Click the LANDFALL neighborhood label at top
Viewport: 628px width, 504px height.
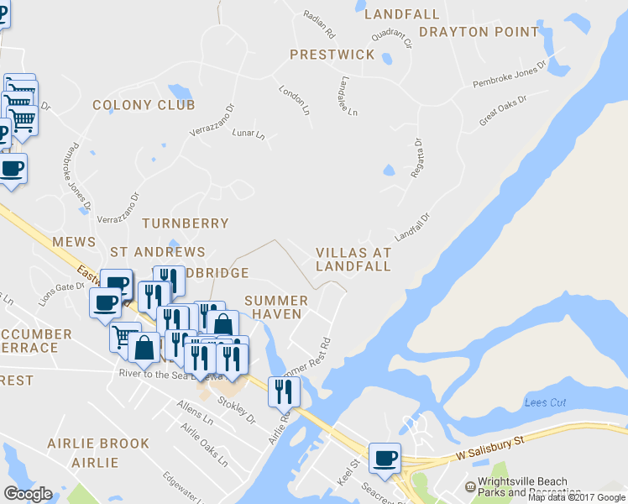click(402, 14)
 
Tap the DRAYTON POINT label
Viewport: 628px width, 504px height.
click(479, 32)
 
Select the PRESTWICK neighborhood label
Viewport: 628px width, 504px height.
click(332, 55)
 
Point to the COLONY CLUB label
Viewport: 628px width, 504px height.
click(144, 105)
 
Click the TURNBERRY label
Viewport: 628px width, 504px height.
click(185, 223)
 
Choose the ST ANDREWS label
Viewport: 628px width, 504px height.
click(158, 252)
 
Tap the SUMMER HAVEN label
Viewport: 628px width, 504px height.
click(276, 307)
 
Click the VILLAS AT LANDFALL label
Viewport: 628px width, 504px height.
click(353, 259)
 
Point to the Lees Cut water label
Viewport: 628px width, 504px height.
click(546, 403)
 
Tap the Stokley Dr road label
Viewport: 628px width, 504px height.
click(236, 408)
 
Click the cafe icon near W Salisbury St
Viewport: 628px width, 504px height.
click(385, 458)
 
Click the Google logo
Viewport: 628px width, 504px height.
click(29, 494)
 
